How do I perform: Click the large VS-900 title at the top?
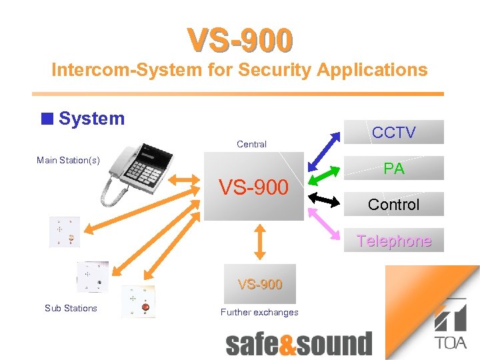tap(240, 40)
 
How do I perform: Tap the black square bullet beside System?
tap(46, 119)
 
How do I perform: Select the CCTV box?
tap(393, 132)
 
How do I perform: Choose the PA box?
tap(393, 168)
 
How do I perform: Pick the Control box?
tap(393, 204)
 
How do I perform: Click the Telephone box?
tap(393, 241)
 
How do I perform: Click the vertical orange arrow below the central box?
tap(260, 240)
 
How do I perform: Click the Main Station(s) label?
tap(68, 160)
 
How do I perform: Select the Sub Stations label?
tap(71, 308)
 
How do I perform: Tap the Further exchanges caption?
tap(259, 312)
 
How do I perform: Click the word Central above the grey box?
tap(251, 144)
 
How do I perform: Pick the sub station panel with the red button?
tap(138, 301)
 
